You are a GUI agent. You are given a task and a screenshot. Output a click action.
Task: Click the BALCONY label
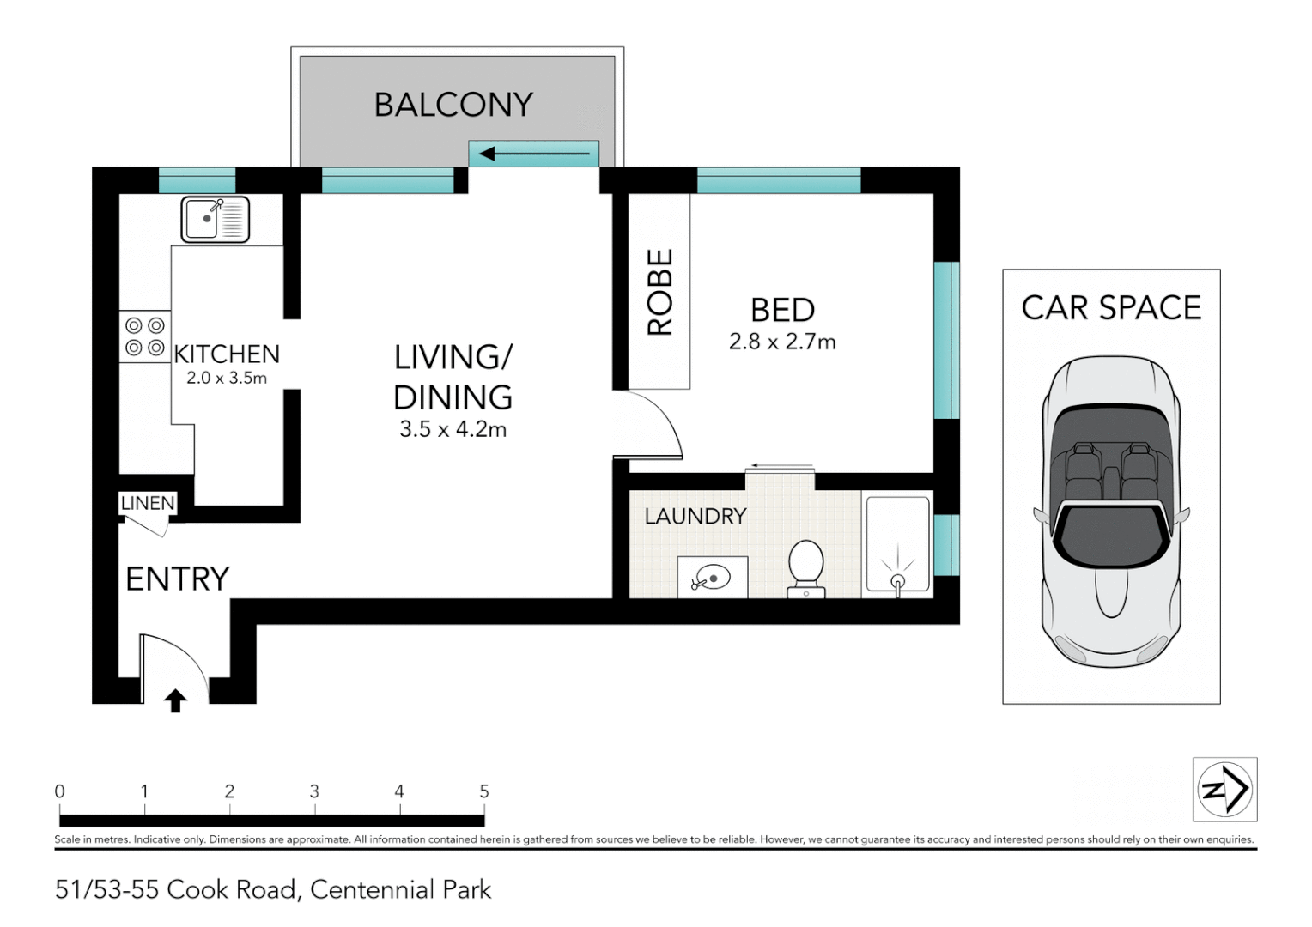tap(453, 105)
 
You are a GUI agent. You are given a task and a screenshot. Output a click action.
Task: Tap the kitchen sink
tap(215, 220)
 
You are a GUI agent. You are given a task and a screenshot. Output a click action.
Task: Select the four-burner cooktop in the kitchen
tap(145, 336)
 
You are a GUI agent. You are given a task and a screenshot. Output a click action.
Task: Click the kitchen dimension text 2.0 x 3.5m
tap(227, 378)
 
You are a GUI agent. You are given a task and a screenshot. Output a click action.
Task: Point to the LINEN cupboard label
tap(148, 503)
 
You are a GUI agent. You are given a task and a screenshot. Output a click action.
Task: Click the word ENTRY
tap(178, 579)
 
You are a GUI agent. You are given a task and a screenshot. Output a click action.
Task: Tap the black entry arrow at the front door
tap(175, 700)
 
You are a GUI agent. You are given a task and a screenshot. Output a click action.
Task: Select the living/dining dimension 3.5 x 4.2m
tap(453, 429)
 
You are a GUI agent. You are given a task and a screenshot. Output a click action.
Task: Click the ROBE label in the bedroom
tap(659, 292)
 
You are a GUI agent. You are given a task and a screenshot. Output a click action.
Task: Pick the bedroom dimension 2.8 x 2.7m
tap(782, 341)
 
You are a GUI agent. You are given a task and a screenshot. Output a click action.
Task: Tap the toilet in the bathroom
tap(806, 568)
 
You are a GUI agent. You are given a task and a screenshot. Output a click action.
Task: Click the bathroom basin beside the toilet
tap(712, 578)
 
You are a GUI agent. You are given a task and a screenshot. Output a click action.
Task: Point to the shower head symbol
tap(897, 578)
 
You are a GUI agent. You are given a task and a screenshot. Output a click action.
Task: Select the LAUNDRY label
tap(695, 516)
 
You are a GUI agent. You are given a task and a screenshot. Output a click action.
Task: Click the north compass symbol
tap(1224, 789)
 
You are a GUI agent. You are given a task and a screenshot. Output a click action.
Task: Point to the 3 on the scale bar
tap(314, 791)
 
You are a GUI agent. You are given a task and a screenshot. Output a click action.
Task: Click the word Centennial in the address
tap(372, 889)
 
